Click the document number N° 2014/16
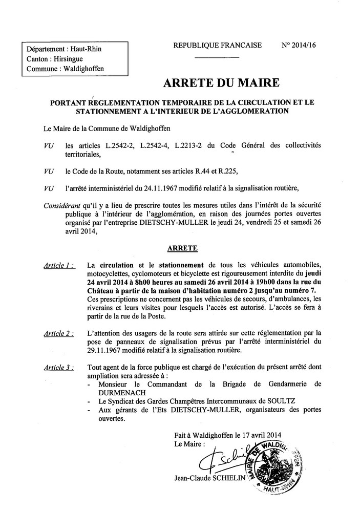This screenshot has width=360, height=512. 299,45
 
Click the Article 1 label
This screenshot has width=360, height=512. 58,265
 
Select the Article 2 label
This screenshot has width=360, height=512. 58,333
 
